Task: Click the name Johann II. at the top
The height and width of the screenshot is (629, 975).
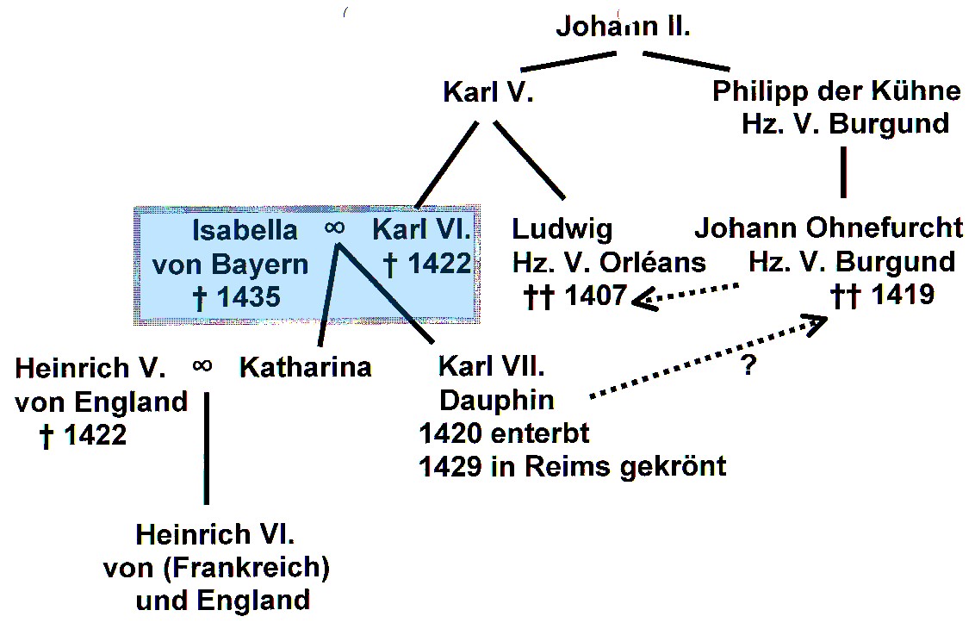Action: pyautogui.click(x=623, y=26)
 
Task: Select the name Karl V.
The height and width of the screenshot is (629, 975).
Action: pyautogui.click(x=488, y=92)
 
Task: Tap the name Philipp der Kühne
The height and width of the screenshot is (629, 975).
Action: pyautogui.click(x=835, y=92)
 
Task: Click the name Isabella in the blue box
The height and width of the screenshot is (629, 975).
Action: pyautogui.click(x=245, y=230)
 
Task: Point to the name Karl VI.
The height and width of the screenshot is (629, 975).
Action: pyautogui.click(x=422, y=230)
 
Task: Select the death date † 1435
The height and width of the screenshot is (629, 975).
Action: pyautogui.click(x=238, y=297)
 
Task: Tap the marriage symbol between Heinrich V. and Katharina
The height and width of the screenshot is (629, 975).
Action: pyautogui.click(x=202, y=366)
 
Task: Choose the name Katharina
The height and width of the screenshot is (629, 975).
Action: pyautogui.click(x=305, y=367)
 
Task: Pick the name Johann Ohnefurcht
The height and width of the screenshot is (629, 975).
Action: pyautogui.click(x=829, y=228)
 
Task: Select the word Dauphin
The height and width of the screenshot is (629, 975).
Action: pyautogui.click(x=497, y=400)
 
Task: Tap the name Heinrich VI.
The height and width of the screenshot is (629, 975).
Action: pyautogui.click(x=215, y=535)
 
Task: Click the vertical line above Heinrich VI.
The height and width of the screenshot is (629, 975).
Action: pyautogui.click(x=206, y=448)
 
